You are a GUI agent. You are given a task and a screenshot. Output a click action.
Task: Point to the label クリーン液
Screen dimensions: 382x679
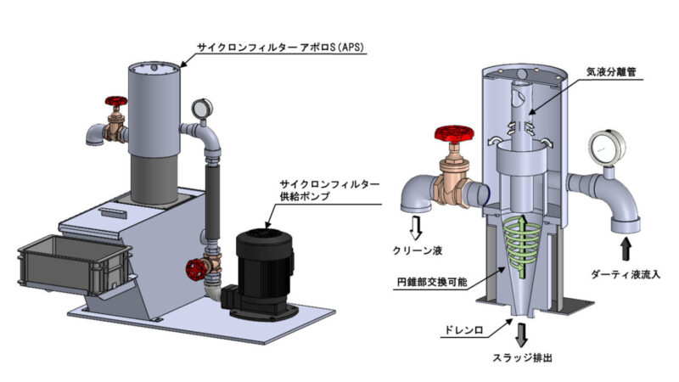pyautogui.click(x=423, y=250)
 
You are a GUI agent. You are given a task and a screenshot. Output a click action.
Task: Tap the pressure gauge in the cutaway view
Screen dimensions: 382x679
pyautogui.click(x=610, y=146)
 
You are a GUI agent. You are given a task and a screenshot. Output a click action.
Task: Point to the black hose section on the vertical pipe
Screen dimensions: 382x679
pyautogui.click(x=210, y=194)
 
